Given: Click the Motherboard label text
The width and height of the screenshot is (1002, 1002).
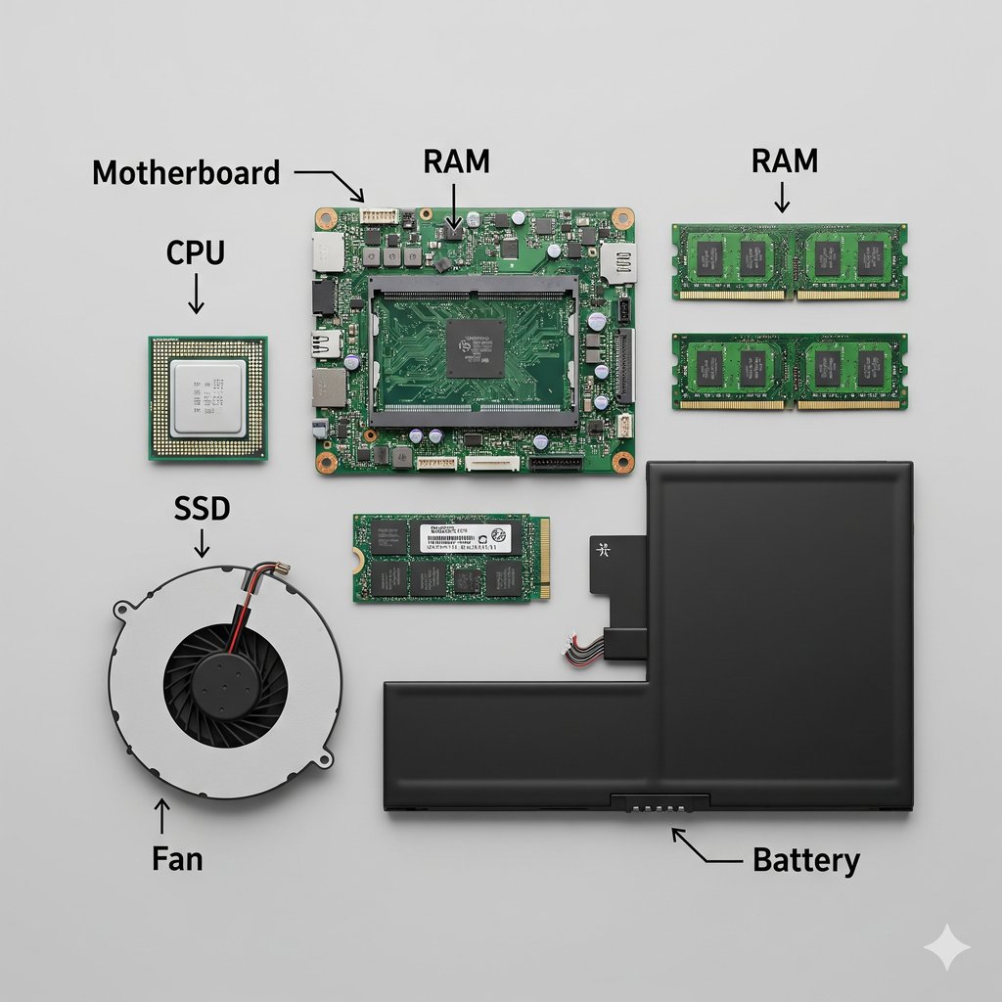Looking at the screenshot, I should click(186, 173).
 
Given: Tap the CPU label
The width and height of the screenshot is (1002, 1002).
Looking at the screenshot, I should click(195, 253).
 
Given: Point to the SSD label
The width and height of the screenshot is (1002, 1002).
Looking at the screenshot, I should click(203, 508).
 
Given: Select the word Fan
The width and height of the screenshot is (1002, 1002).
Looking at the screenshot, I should click(177, 858).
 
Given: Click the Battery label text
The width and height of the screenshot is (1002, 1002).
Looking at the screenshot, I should click(805, 860).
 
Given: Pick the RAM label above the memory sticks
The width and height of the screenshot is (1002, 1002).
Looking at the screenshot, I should click(784, 160).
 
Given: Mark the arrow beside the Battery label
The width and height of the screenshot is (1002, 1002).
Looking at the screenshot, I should click(703, 848).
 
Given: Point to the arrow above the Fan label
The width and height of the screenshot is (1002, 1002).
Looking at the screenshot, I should click(162, 817).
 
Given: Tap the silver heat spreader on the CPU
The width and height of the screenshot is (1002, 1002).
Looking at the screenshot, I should click(207, 398).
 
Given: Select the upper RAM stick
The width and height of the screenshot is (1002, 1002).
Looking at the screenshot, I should click(789, 261).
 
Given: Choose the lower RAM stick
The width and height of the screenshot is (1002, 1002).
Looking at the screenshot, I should click(789, 371).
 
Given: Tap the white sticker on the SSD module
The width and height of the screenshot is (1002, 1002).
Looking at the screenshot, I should click(465, 538).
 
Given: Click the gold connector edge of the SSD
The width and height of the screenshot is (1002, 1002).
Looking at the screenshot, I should click(543, 558).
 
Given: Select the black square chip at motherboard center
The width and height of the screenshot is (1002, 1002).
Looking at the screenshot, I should click(476, 348).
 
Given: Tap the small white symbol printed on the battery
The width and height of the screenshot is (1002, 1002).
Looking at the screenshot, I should click(604, 550).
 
